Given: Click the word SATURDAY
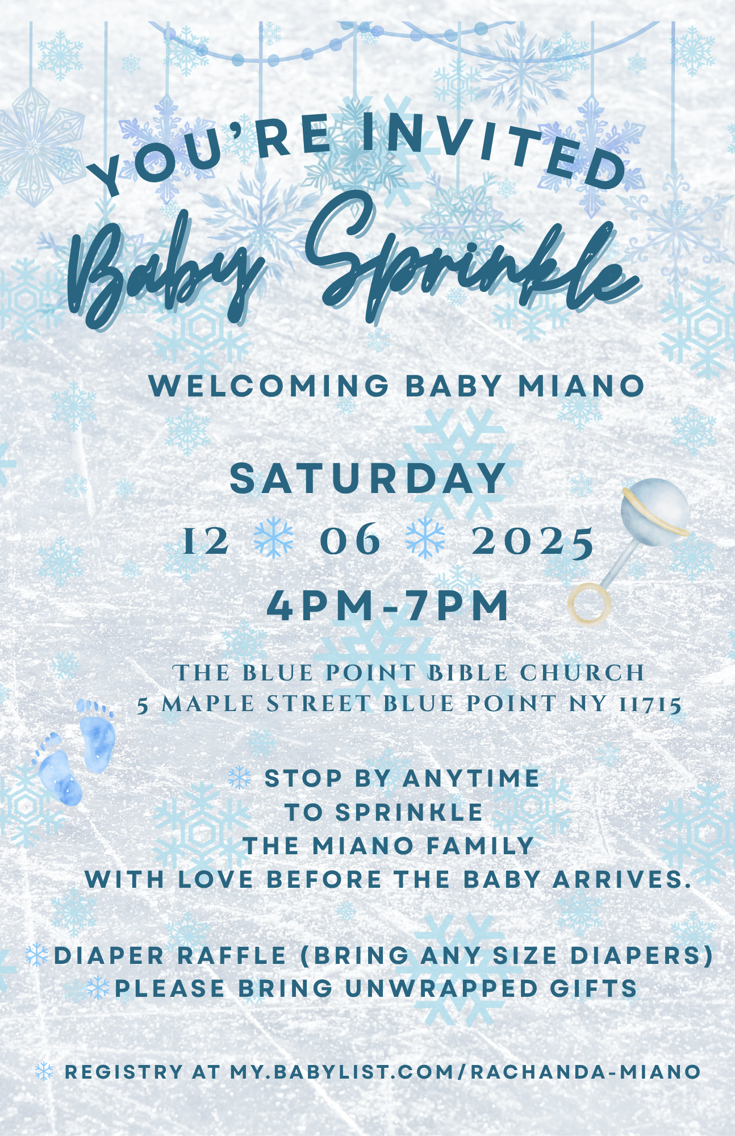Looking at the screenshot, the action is coord(367,478).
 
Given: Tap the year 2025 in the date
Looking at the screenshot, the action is coord(533,541).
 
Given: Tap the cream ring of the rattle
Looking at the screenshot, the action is coord(590,604).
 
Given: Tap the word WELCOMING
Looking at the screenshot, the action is coord(269,386).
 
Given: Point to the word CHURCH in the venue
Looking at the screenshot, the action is coord(582,673).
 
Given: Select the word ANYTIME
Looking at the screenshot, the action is coord(471,779).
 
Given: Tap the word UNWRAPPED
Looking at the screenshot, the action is coord(441,989).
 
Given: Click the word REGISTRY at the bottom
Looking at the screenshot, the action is coord(124,1072).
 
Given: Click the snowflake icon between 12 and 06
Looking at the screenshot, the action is coord(274,537).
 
